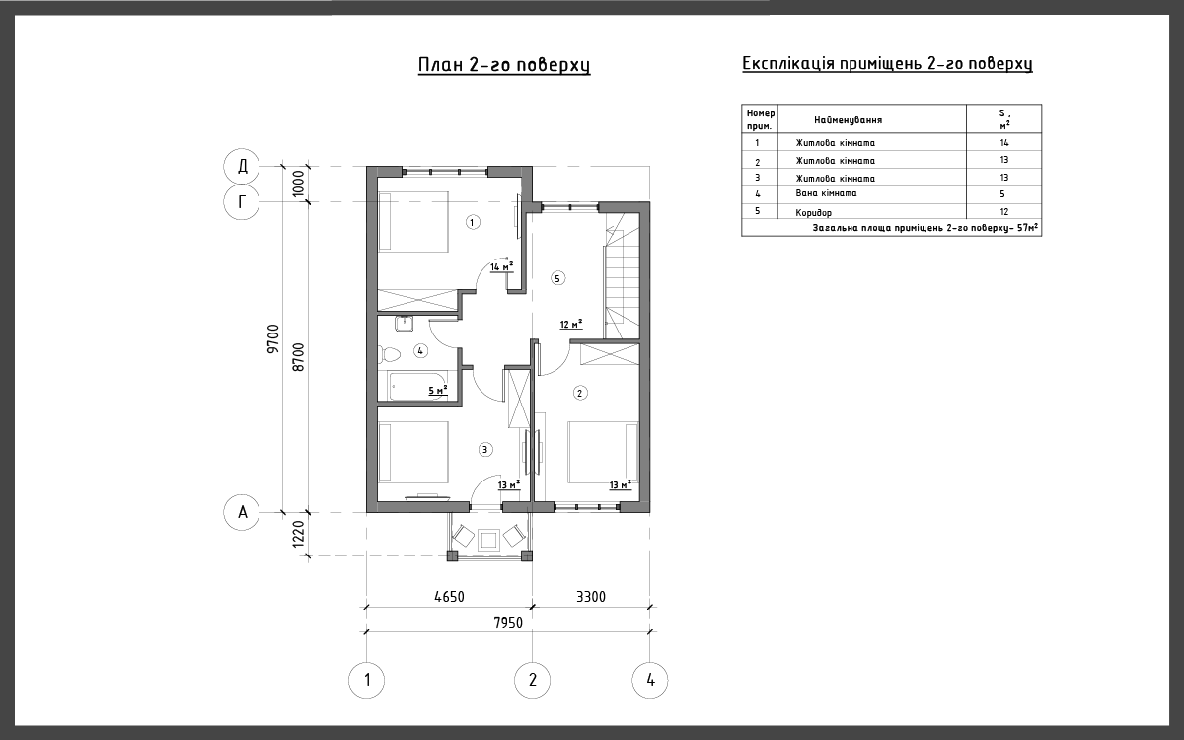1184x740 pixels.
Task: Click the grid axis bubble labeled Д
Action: [242, 166]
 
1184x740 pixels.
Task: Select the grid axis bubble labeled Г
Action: [242, 202]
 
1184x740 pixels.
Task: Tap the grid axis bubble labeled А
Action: [242, 512]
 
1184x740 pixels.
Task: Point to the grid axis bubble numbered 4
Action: [650, 680]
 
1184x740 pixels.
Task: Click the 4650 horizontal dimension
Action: [449, 597]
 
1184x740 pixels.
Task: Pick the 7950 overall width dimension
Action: [508, 623]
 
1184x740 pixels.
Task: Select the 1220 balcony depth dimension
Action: [299, 534]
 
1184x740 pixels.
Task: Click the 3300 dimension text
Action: [591, 597]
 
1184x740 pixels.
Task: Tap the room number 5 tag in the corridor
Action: [557, 278]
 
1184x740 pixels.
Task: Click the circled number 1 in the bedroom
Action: [473, 222]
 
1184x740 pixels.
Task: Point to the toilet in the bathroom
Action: [389, 353]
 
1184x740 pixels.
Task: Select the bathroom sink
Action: [404, 323]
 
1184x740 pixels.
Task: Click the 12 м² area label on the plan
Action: [571, 324]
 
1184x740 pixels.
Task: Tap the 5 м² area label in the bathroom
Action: [438, 390]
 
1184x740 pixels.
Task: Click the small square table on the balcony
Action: [487, 541]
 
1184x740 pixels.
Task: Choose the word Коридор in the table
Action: [813, 213]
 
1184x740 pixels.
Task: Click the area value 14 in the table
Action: [1004, 143]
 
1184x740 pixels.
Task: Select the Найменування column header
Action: [848, 120]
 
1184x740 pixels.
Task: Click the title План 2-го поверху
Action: [504, 65]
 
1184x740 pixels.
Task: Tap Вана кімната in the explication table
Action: [826, 193]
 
